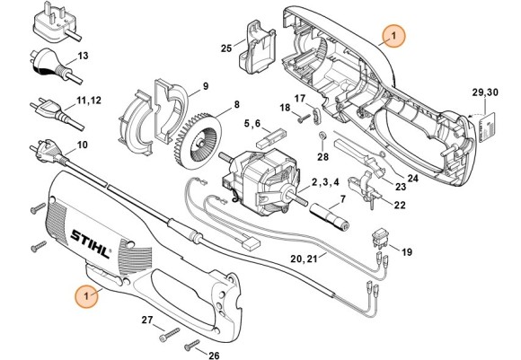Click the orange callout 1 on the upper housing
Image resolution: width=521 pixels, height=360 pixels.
[392, 35]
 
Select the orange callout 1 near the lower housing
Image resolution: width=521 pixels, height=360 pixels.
[86, 294]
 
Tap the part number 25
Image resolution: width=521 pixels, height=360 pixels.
[225, 48]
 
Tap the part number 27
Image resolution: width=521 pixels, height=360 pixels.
[146, 320]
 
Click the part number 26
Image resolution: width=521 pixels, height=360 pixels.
[214, 354]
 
